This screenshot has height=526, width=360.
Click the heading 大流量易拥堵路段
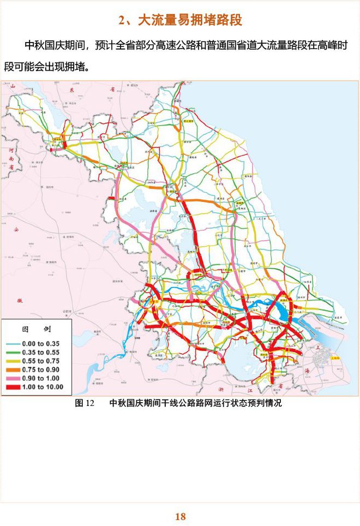(x=181, y=21)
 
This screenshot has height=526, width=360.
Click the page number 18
(x=181, y=516)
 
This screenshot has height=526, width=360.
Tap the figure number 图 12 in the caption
(x=85, y=404)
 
